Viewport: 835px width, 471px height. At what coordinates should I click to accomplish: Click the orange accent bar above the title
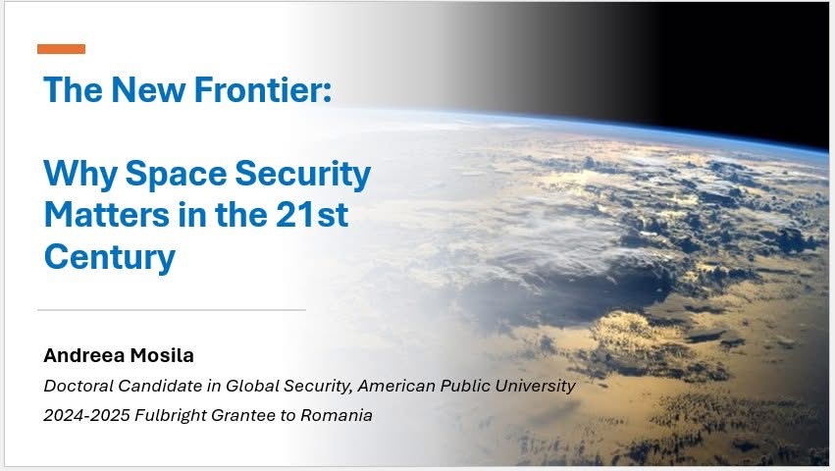coord(61,49)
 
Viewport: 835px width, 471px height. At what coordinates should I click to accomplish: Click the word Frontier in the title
coord(263,89)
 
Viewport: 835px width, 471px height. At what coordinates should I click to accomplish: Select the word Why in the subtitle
coord(80,175)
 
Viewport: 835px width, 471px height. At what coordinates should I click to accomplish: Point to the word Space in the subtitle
coord(176,175)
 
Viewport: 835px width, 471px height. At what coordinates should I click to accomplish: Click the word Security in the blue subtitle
coord(303,175)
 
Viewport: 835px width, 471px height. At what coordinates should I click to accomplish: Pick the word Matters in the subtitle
coord(107,215)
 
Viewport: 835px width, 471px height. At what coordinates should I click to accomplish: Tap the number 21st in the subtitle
coord(312,215)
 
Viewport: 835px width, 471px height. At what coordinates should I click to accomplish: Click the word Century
coord(110,258)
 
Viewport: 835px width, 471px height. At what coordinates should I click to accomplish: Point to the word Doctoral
coord(78,386)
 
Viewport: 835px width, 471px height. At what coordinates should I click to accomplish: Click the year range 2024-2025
coord(86,415)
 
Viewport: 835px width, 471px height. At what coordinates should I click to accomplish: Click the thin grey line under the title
coord(172,309)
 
